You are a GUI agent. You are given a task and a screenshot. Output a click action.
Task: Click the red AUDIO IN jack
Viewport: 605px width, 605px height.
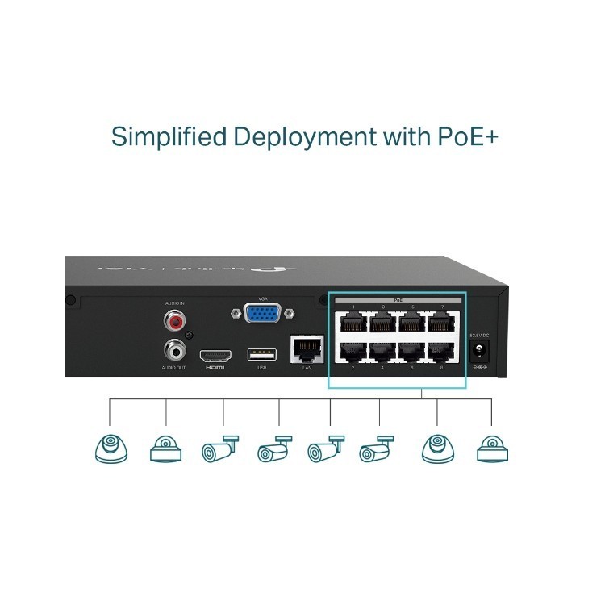(174, 322)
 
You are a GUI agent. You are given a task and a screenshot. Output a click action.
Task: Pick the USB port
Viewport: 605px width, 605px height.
(261, 354)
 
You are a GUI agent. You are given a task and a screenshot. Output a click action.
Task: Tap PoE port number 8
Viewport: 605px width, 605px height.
(440, 353)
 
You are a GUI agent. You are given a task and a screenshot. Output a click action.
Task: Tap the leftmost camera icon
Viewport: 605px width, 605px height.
(111, 449)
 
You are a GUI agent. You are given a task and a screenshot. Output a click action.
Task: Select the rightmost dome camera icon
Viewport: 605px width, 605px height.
(492, 449)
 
